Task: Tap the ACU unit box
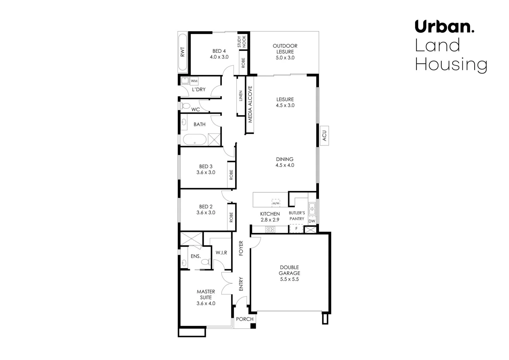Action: pos(324,135)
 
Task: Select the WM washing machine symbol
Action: pos(194,81)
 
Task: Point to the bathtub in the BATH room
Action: pos(195,140)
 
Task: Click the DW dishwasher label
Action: pos(312,221)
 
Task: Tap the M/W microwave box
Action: pos(276,203)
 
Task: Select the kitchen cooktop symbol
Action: pos(270,229)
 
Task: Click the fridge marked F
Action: pos(296,229)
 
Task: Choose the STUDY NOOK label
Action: pos(242,42)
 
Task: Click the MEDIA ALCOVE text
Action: pos(250,104)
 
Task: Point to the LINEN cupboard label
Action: pos(241,96)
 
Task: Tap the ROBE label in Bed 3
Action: pos(231,175)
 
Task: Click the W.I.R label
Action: pos(221,253)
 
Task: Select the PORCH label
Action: pos(245,319)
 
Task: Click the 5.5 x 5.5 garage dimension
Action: pos(289,279)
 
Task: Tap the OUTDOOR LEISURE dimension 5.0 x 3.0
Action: pos(285,58)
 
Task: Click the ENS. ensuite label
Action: pos(196,256)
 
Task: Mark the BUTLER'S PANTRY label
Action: pos(296,216)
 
